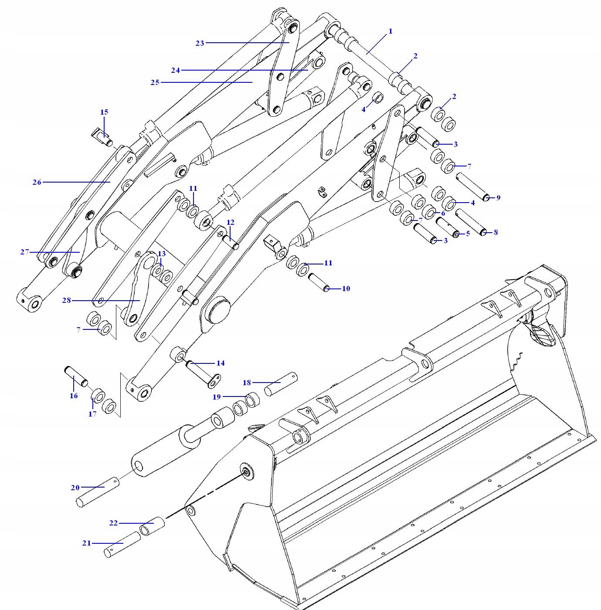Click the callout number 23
tap(200, 43)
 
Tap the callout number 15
tap(104, 112)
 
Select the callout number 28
tap(66, 301)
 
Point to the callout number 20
tap(75, 488)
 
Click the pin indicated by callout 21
tap(122, 544)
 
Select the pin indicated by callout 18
tap(282, 383)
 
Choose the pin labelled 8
tap(471, 222)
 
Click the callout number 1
tap(390, 31)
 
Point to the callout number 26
tap(37, 182)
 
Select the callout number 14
tap(221, 363)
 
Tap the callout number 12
tap(231, 222)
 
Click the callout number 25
tap(155, 82)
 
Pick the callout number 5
tap(468, 234)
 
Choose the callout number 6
tap(443, 213)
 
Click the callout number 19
tap(217, 397)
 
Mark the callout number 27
tap(24, 252)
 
